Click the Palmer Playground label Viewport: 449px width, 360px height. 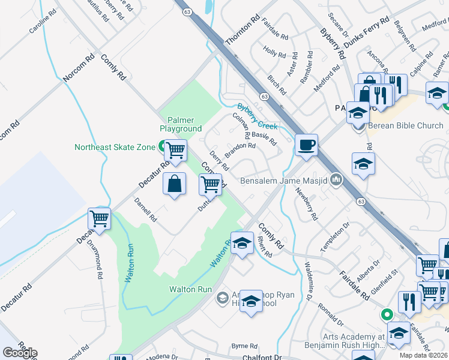181,124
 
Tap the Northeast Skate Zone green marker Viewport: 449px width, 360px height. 162,146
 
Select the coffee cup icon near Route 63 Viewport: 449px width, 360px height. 306,145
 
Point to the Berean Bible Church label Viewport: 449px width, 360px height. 405,125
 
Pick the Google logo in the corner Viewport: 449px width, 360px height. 20,353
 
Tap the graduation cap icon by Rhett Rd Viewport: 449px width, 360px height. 242,243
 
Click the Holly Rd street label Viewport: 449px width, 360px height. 275,53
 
